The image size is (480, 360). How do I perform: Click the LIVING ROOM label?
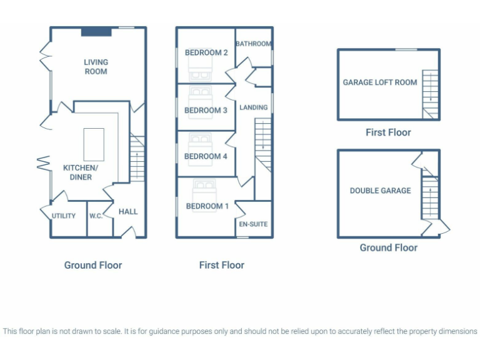click(x=96, y=67)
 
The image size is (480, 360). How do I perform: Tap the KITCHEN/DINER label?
click(x=80, y=172)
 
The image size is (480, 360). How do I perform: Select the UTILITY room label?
click(x=64, y=216)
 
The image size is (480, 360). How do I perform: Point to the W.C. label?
click(x=96, y=216)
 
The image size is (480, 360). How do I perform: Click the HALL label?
click(x=128, y=212)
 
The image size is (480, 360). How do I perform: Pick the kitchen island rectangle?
click(x=93, y=144)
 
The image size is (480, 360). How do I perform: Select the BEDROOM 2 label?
click(x=206, y=53)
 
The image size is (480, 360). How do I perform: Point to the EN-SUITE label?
click(x=254, y=222)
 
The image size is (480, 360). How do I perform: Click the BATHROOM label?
click(x=254, y=44)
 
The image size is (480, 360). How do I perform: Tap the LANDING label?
click(x=254, y=107)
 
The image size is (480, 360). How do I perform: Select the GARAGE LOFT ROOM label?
click(x=379, y=82)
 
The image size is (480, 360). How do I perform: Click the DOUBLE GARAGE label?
click(x=380, y=191)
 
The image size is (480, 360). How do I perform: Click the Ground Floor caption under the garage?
click(x=388, y=248)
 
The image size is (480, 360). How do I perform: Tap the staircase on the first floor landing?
click(x=264, y=144)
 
